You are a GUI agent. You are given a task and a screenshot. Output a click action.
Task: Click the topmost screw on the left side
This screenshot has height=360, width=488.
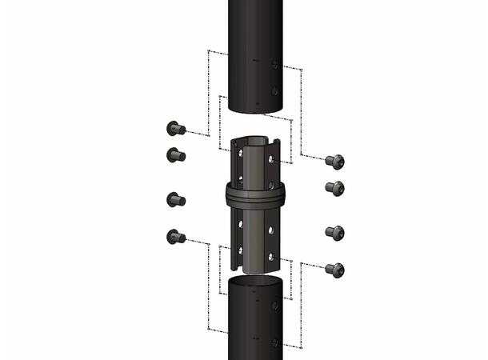tap(174, 128)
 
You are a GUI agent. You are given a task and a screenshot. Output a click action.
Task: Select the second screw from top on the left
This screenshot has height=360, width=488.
tap(175, 154)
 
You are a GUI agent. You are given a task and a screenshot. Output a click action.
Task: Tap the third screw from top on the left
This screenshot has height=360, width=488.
tap(175, 199)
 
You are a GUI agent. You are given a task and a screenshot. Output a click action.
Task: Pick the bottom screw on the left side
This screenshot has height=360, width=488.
tap(174, 236)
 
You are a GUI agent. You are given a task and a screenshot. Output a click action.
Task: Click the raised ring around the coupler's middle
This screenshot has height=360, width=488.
tap(255, 197)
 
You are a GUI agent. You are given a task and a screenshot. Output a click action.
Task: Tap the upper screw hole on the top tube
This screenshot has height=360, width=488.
tap(274, 65)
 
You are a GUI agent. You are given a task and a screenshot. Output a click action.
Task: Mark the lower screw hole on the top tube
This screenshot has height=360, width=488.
tap(274, 91)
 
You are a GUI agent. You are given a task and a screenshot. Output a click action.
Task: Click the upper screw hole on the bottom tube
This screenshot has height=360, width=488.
tap(274, 305)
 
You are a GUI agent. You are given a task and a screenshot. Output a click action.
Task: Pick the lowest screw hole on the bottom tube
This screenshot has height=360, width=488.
tap(274, 342)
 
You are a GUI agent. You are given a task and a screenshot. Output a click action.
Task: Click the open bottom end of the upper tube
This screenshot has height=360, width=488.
tap(256, 110)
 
